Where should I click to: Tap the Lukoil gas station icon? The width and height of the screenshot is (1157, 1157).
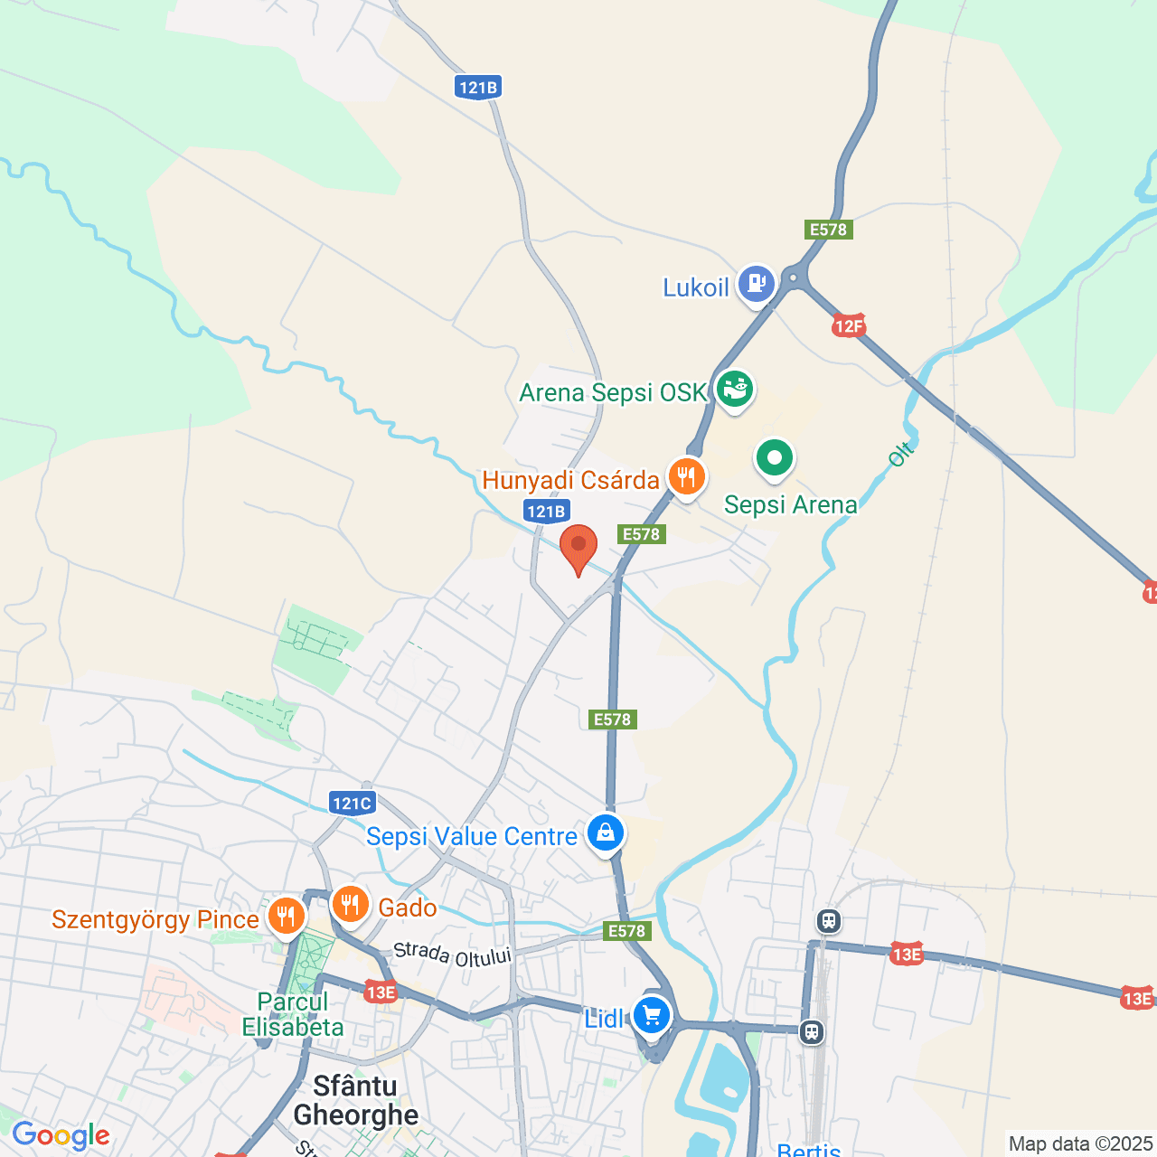[x=756, y=284]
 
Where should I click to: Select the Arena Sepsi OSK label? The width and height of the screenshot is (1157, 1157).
[x=612, y=393]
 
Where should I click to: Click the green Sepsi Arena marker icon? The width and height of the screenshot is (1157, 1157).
[x=774, y=458]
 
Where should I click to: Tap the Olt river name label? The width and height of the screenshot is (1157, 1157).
[x=900, y=454]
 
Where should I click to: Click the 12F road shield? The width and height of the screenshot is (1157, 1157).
[x=848, y=326]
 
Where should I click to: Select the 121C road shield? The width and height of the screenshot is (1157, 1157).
[x=352, y=803]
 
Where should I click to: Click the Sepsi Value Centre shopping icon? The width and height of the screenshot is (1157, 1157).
[x=605, y=833]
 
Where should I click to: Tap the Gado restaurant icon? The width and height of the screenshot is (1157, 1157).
[x=350, y=904]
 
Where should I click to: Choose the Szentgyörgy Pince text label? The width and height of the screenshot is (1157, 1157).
[x=155, y=920]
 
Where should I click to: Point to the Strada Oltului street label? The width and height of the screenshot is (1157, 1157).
[x=453, y=955]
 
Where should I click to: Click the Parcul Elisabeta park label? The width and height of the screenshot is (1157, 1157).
[x=293, y=1014]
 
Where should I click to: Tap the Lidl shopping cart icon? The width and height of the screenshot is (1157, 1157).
[x=651, y=1015]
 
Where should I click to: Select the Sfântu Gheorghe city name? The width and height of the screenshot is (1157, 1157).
[x=356, y=1100]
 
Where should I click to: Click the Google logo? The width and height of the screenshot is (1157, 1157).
[x=61, y=1136]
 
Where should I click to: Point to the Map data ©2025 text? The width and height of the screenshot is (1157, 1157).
[x=1080, y=1144]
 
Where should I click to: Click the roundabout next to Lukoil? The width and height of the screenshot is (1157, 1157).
[x=795, y=278]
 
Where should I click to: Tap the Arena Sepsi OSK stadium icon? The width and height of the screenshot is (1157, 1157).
[x=735, y=390]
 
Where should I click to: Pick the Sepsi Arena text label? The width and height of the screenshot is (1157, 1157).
[x=790, y=504]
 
